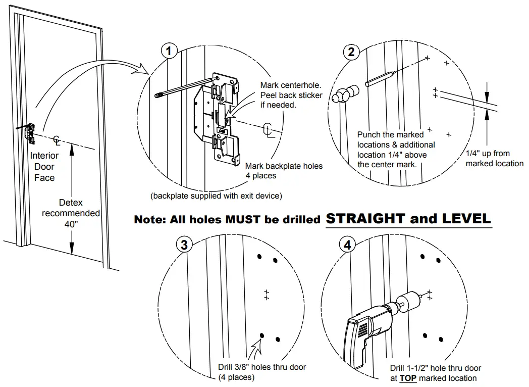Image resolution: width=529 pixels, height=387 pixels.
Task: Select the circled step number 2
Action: coord(351,51)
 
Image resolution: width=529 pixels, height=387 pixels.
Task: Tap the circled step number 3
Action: coord(184,245)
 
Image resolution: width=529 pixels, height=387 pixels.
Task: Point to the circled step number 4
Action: coord(347,245)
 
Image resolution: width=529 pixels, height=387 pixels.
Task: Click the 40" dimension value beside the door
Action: coord(71,224)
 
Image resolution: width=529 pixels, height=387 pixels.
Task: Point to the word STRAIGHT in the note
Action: coord(365,219)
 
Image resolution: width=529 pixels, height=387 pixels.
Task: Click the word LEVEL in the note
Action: coord(466,219)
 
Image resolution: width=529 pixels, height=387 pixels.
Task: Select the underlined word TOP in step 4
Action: coord(408,378)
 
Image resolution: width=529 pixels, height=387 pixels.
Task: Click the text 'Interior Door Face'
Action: coord(44,167)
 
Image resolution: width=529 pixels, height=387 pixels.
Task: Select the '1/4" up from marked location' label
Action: coord(494,158)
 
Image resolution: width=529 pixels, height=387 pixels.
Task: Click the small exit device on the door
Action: coord(29,132)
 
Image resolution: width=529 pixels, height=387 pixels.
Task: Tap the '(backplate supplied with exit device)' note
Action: coord(216,196)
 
